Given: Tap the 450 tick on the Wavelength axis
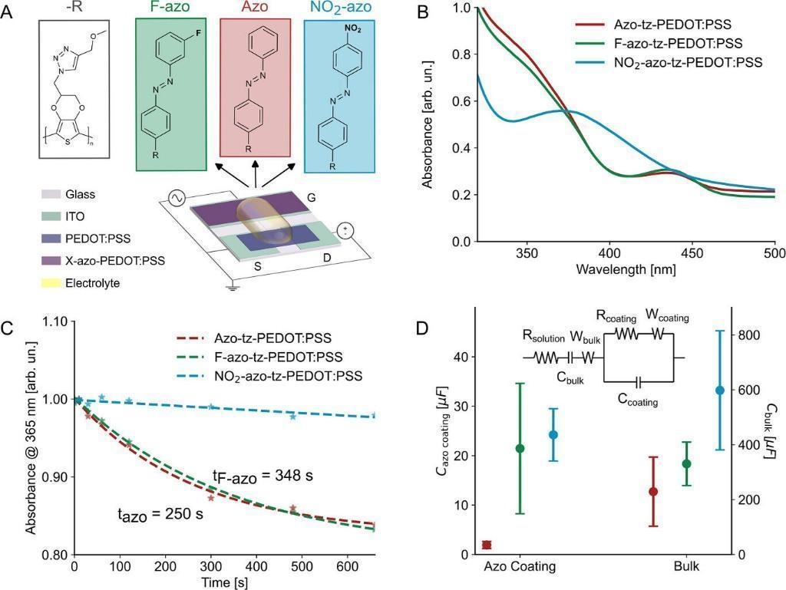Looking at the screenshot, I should [692, 251].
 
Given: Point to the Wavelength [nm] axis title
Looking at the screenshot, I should [626, 270].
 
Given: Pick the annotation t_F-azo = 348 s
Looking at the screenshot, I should [263, 476].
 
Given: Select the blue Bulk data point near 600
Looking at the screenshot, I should [719, 390].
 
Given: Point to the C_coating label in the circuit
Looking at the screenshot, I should [638, 400].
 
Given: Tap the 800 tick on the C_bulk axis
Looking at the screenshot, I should [750, 335].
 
